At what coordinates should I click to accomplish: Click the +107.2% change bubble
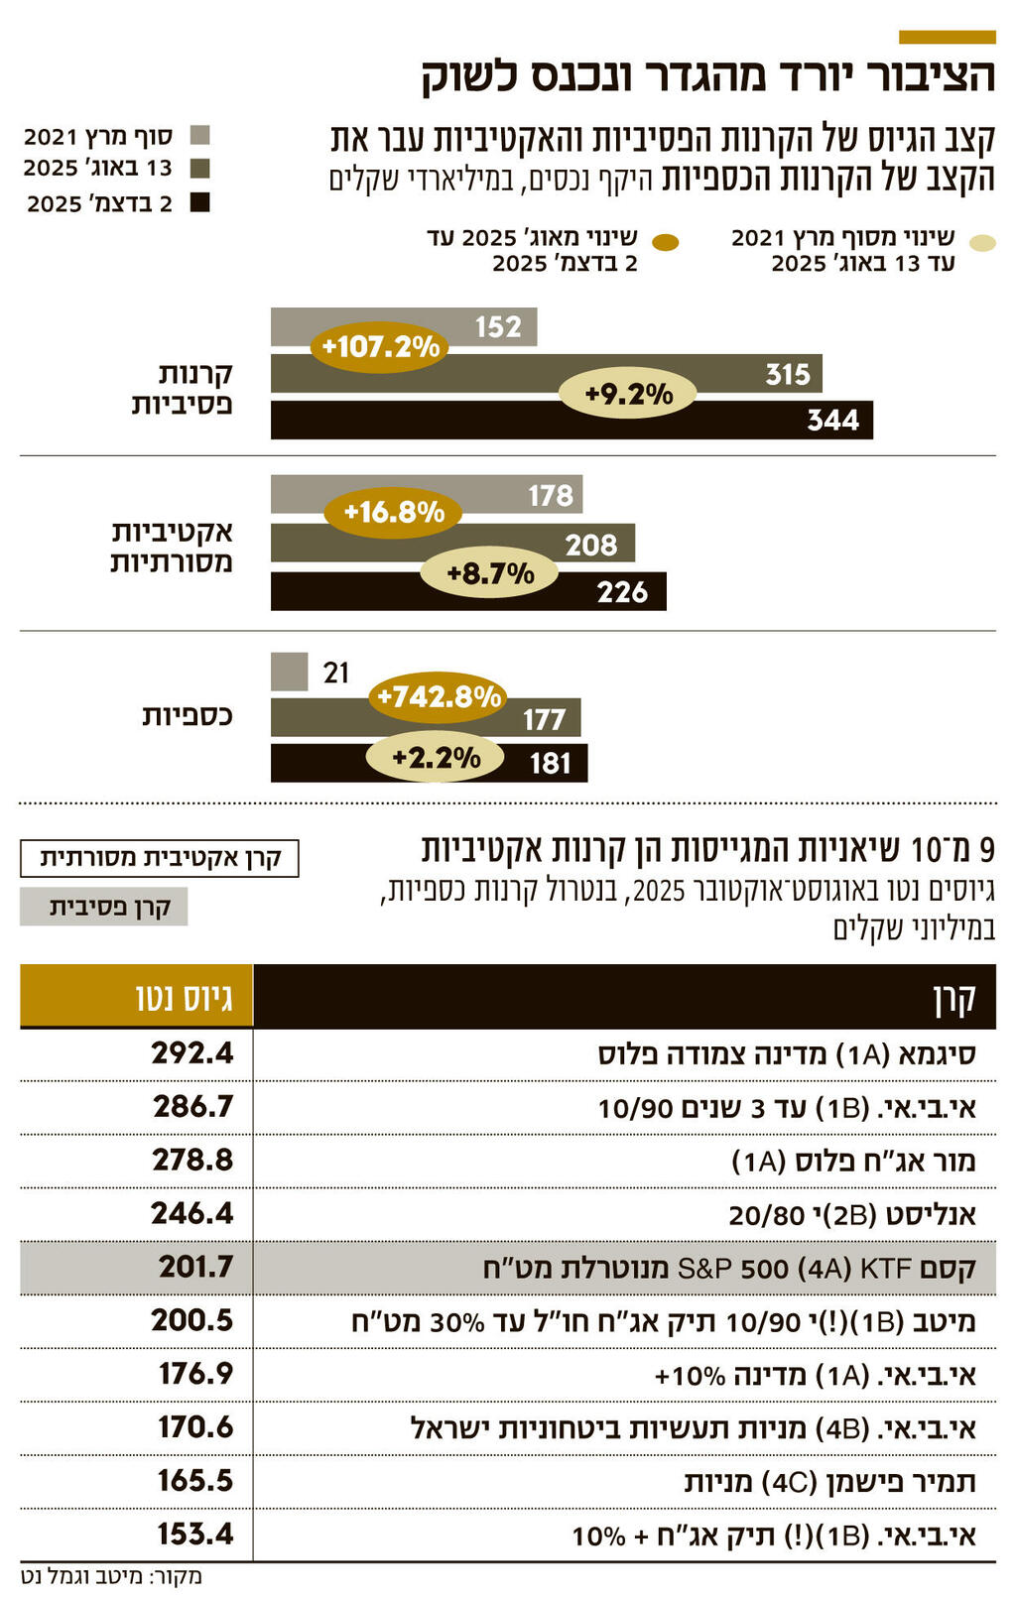coord(380,346)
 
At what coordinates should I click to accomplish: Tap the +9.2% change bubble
coord(627,394)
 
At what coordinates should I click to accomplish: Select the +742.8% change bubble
coord(438,696)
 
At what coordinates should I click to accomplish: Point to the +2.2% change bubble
coord(436,758)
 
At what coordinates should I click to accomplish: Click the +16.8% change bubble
coord(393,512)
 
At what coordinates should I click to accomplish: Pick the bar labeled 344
coord(571,420)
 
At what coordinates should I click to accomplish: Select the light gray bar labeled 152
coord(404,326)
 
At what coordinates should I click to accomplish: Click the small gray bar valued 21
coord(289,672)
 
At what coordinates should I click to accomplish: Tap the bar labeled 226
coord(468,592)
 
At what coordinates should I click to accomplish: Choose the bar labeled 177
coord(426,717)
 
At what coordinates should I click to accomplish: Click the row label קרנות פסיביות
coord(183,388)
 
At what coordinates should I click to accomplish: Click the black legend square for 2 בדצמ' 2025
coord(200,203)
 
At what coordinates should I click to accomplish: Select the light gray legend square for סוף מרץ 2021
coord(200,136)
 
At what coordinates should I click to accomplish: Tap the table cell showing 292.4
coord(192,1052)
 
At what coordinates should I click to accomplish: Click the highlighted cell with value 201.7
coord(195,1267)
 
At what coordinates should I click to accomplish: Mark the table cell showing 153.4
coord(194,1535)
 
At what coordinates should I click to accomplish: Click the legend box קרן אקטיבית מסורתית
coord(159,858)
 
